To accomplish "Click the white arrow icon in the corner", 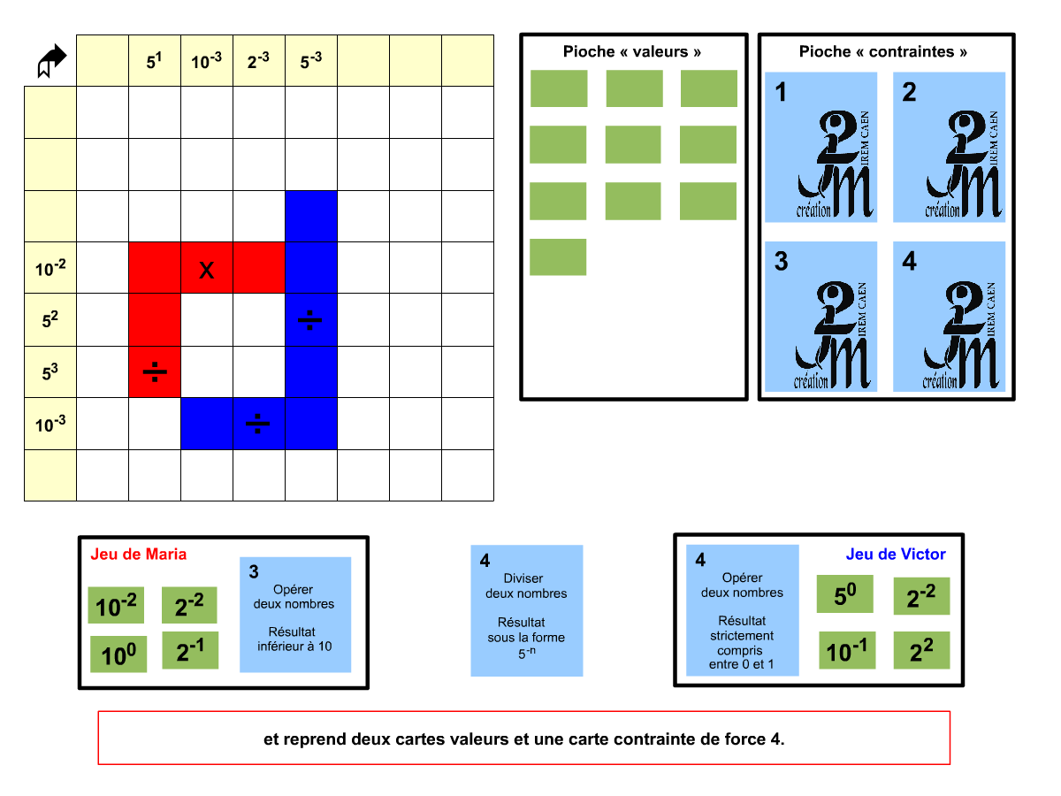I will (x=51, y=61).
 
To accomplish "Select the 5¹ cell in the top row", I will (x=155, y=61).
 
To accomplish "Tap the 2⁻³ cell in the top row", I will (x=259, y=61).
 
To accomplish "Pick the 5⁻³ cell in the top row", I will (x=311, y=61).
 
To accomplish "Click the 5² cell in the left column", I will (x=50, y=319).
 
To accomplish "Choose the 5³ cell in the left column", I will (x=50, y=371).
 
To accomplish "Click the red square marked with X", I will (x=207, y=268).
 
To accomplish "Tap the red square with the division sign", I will (x=155, y=371).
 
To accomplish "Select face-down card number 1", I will (x=821, y=147).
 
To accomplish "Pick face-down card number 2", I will (x=950, y=147).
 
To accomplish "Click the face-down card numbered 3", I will (x=821, y=317).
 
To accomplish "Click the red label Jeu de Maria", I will (x=139, y=555).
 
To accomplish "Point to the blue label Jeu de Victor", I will (x=896, y=555).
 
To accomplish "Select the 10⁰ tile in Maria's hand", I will (x=118, y=655).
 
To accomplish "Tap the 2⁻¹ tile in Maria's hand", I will (x=190, y=651).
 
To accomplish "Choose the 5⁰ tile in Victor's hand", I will (x=844, y=594).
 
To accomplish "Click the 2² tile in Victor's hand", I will (x=921, y=651).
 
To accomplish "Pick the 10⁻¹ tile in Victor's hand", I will (x=847, y=651).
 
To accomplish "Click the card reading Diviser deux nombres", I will (x=527, y=610).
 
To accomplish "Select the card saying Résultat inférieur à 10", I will (x=295, y=615).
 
